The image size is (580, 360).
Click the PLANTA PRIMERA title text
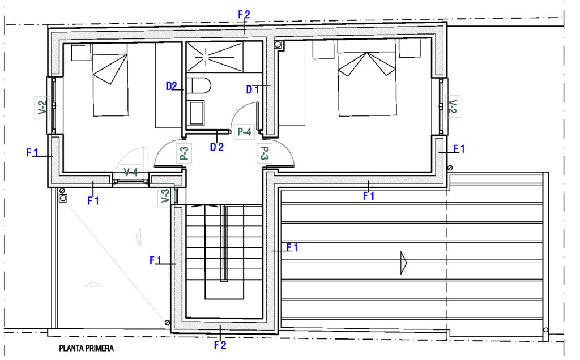[x=87, y=348]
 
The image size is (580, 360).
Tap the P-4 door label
[x=244, y=131]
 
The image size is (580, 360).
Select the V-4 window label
[x=131, y=172]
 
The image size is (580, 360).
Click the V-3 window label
[x=165, y=195]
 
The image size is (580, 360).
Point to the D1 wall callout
[x=253, y=89]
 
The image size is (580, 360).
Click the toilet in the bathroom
[x=199, y=85]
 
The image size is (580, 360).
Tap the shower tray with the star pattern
[x=215, y=57]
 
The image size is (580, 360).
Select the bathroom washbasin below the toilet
[x=197, y=113]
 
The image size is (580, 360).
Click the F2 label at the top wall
[x=244, y=14]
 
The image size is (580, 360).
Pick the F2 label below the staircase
[x=220, y=345]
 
